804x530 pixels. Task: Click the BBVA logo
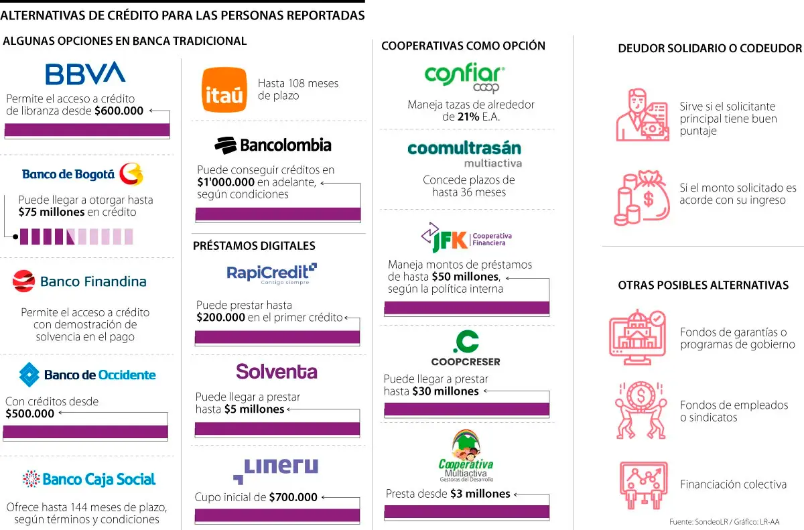click(85, 73)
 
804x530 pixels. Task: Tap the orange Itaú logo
click(224, 90)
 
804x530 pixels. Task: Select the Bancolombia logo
click(273, 145)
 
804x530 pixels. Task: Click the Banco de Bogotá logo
click(82, 174)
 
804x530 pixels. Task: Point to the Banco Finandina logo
click(79, 281)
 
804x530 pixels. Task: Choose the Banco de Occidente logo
click(87, 375)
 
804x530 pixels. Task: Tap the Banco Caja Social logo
click(88, 479)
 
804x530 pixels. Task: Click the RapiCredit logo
click(271, 273)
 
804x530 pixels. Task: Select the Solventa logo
click(276, 372)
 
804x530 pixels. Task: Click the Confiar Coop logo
click(464, 78)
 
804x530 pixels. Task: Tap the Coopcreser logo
click(466, 349)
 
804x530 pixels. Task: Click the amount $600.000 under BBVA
click(119, 111)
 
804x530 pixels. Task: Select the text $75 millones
click(52, 212)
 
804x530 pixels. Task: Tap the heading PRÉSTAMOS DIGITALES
click(254, 246)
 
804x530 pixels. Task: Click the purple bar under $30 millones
click(466, 409)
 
